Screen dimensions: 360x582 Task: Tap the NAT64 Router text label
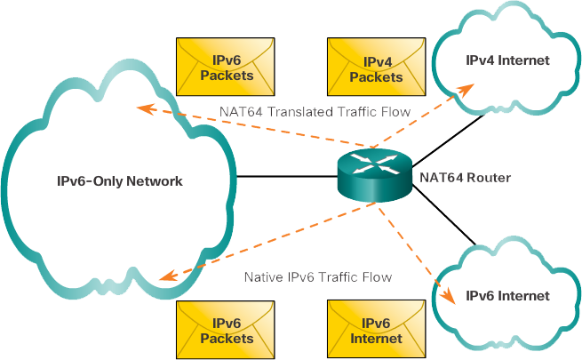point(465,178)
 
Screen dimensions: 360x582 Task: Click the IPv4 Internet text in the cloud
point(508,60)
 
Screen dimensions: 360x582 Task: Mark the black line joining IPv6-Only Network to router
point(284,176)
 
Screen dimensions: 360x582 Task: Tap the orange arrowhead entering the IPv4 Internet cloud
point(464,90)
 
